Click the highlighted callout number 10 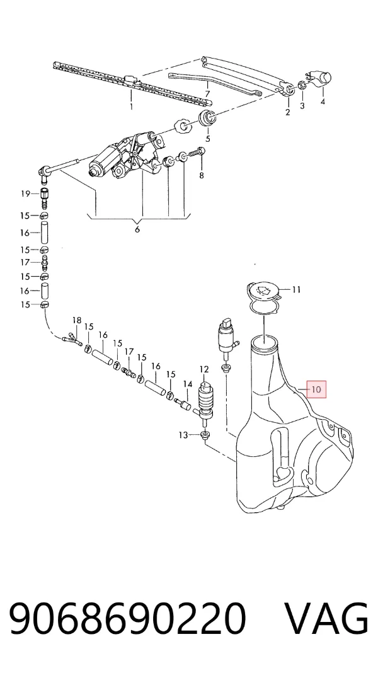point(316,389)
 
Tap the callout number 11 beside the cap point(297,290)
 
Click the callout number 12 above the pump point(203,369)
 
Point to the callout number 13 point(183,435)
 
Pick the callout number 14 point(188,384)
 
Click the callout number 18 point(76,320)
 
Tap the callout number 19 point(26,193)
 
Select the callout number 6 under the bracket point(137,229)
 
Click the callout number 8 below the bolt point(201,175)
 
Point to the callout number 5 point(208,139)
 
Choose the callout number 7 point(208,93)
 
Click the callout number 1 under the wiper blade point(131,106)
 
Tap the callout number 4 point(323,101)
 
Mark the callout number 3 point(302,106)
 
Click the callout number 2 point(287,112)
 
